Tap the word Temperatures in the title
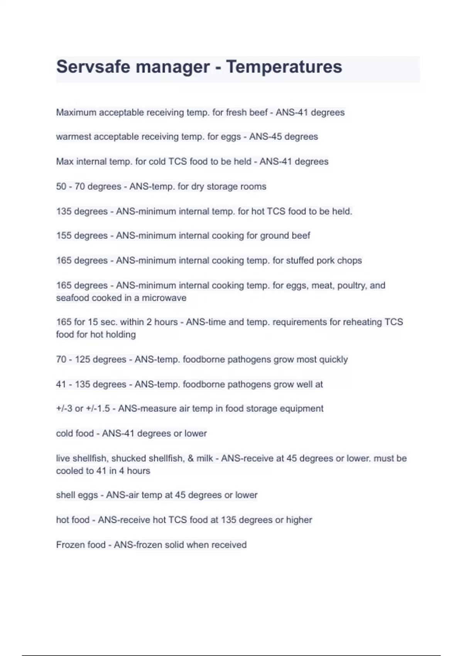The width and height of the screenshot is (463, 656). coord(284,67)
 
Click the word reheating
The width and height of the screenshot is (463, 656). coord(355,322)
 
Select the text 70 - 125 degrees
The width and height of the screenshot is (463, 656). coord(91,359)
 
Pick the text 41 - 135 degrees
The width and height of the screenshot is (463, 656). coord(91,384)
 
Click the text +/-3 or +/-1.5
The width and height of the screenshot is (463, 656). coord(83,408)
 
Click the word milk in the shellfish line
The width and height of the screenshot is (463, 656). coord(204,458)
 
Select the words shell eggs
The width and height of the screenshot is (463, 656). coord(77,495)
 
